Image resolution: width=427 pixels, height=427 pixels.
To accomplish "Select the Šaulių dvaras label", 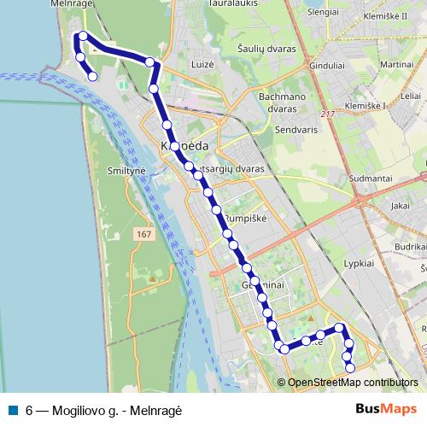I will (x=267, y=49).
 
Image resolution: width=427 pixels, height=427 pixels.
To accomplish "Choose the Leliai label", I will (x=411, y=96).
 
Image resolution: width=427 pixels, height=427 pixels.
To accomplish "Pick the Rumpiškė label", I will (x=245, y=219).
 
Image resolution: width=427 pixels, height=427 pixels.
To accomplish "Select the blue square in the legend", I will (x=13, y=409).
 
